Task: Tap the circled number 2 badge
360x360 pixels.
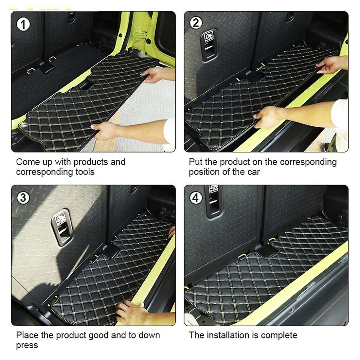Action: click(x=196, y=23)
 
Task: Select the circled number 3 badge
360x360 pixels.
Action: click(x=23, y=198)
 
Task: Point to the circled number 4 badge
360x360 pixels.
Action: click(x=196, y=198)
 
